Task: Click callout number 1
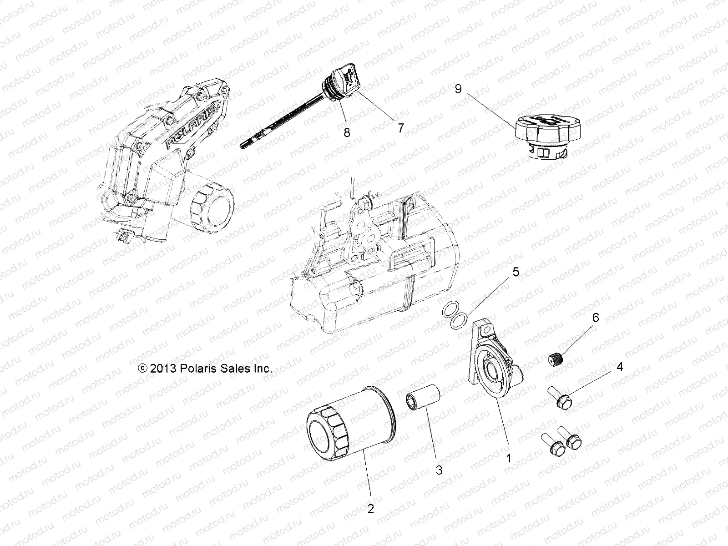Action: click(x=509, y=458)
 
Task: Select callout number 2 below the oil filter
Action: click(x=371, y=509)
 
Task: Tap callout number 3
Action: click(x=439, y=470)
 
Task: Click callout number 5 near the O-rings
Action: click(x=515, y=272)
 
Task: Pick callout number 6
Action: click(x=596, y=317)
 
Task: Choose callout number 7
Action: click(x=400, y=128)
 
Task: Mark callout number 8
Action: click(x=347, y=132)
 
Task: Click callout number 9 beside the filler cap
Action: click(x=458, y=89)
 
